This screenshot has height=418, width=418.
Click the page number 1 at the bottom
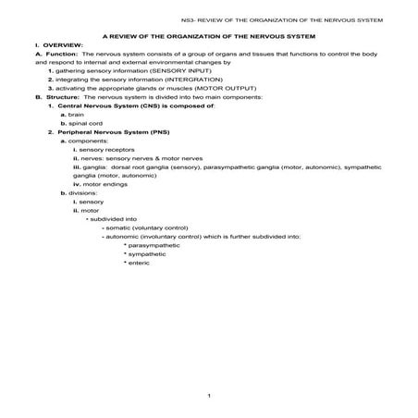tap(209, 396)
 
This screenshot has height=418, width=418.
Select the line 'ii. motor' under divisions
tap(88, 210)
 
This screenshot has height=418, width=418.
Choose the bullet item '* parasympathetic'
tap(152, 245)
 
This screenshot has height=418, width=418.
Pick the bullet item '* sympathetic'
tap(144, 253)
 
